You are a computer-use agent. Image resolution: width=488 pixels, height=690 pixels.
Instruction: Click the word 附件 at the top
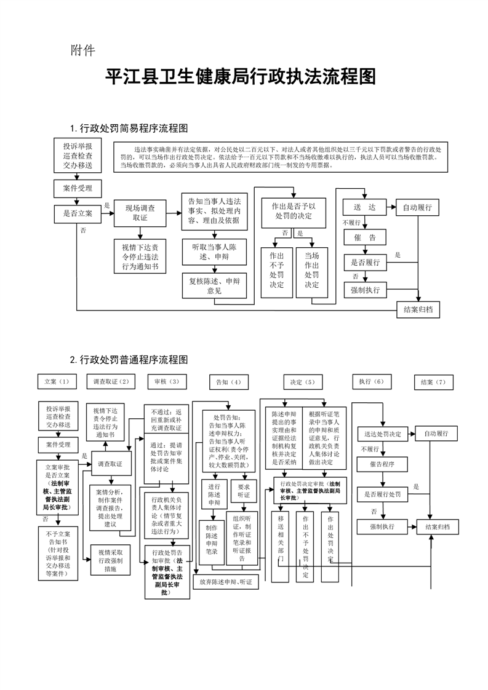tap(82, 50)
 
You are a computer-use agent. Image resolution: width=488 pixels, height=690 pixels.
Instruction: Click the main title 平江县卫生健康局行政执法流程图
tap(241, 77)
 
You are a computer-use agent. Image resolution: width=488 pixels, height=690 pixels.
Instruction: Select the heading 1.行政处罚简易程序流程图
tap(129, 129)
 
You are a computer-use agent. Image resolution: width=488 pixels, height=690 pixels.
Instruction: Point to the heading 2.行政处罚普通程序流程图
tap(129, 359)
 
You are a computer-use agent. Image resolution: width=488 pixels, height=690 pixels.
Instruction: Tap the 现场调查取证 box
tap(140, 213)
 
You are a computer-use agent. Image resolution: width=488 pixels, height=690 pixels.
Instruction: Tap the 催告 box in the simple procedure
tap(364, 237)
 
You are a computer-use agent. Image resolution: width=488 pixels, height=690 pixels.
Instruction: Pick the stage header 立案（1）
tap(57, 382)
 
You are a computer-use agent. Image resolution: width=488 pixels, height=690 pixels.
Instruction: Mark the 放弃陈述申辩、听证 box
tap(226, 582)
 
